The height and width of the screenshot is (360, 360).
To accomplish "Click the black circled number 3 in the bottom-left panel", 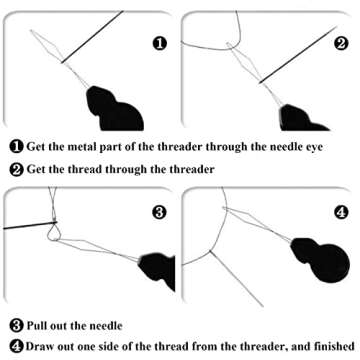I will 159,212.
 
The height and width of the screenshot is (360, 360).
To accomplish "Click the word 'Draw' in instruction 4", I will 35,344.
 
